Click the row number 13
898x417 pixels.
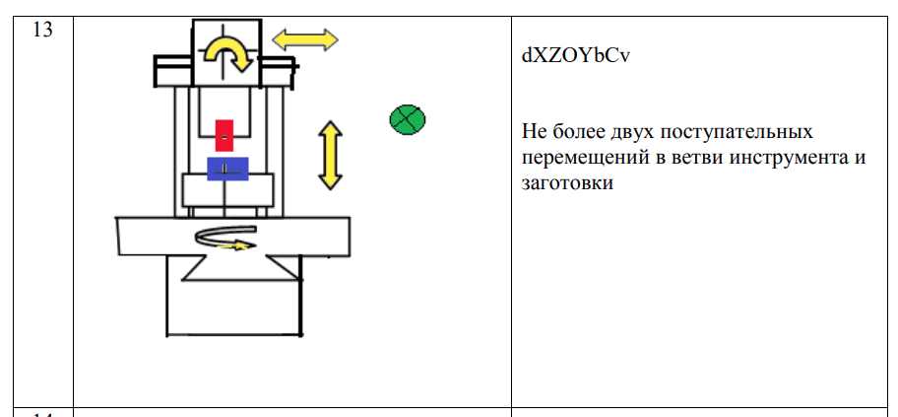point(42,29)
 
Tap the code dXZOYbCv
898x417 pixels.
point(576,55)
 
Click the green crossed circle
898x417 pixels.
point(407,120)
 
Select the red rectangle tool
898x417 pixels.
point(224,135)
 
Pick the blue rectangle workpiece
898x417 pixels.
point(226,170)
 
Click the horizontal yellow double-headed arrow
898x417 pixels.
point(304,39)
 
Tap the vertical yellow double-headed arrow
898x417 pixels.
point(330,155)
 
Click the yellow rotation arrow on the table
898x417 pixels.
point(225,239)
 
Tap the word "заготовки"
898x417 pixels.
point(568,183)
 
